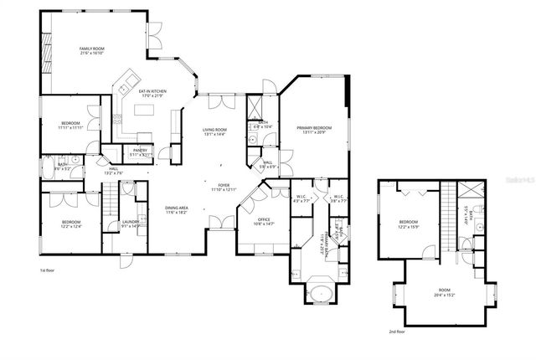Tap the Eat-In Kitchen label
point(152,93)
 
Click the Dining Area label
point(175,210)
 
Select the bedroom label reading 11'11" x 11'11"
point(70,125)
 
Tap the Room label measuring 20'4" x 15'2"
point(444,292)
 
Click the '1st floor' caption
point(49,270)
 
